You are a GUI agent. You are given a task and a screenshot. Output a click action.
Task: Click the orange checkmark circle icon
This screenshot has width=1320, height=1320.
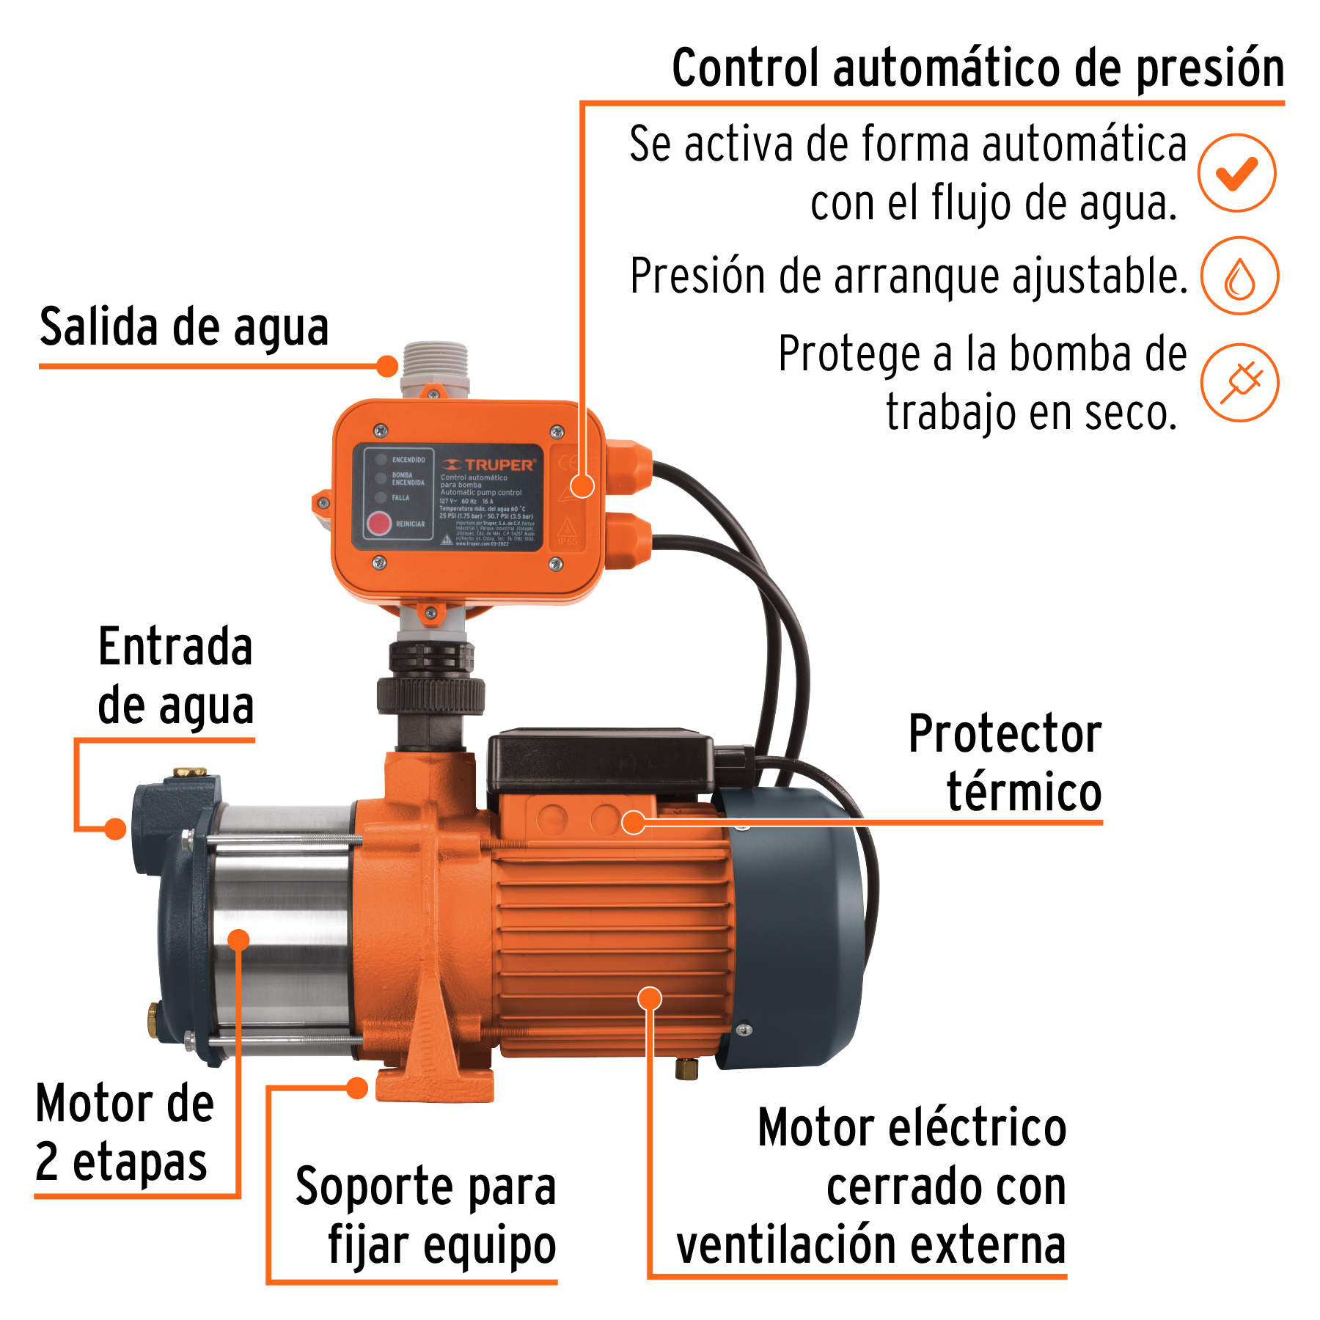point(1236,174)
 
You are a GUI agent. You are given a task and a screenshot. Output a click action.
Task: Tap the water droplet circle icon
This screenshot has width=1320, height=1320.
point(1239,276)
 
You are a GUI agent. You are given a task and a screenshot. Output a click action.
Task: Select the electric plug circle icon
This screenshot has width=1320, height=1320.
point(1239,383)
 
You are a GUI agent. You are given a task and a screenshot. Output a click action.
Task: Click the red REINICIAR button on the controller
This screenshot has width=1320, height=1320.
point(379,524)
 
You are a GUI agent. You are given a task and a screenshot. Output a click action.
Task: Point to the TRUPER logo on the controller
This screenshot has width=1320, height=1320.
point(489,465)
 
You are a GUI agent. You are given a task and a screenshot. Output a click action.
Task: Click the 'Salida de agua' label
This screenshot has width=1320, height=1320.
point(184,327)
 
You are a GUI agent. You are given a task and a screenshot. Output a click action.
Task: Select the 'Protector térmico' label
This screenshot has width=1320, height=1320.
point(1005,763)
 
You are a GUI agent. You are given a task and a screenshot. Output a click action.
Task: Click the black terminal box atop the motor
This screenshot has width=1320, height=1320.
point(600,760)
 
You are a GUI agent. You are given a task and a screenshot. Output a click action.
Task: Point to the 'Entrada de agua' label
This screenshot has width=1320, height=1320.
point(176,676)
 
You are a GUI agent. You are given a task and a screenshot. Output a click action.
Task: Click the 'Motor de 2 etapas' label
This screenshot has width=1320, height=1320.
point(125,1133)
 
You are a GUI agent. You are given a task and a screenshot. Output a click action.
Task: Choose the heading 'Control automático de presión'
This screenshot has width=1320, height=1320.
point(978,68)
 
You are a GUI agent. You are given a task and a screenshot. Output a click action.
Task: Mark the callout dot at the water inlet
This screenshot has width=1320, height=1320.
point(115,829)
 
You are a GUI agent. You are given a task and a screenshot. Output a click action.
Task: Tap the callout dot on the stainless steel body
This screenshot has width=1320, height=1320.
point(239,939)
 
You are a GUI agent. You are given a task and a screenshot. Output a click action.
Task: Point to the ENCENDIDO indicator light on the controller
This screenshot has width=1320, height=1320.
point(381,460)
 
